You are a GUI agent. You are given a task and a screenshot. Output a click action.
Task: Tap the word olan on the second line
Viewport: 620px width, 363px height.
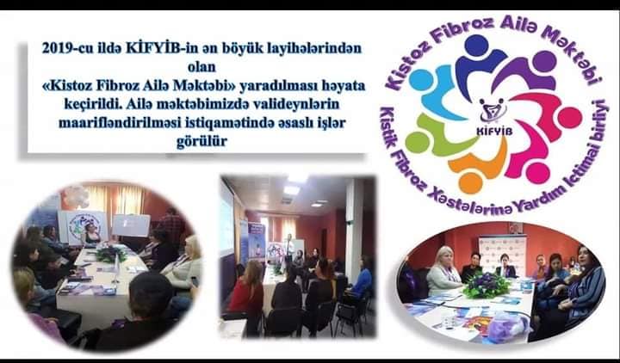[201, 67]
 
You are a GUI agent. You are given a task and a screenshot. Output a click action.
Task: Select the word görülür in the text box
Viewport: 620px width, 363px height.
[201, 141]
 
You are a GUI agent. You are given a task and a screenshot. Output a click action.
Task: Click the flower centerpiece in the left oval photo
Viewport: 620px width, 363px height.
[111, 253]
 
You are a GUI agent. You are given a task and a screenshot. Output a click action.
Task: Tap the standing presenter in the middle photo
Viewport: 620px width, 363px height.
[290, 249]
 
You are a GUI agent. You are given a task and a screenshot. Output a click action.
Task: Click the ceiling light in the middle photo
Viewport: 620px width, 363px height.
[291, 190]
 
